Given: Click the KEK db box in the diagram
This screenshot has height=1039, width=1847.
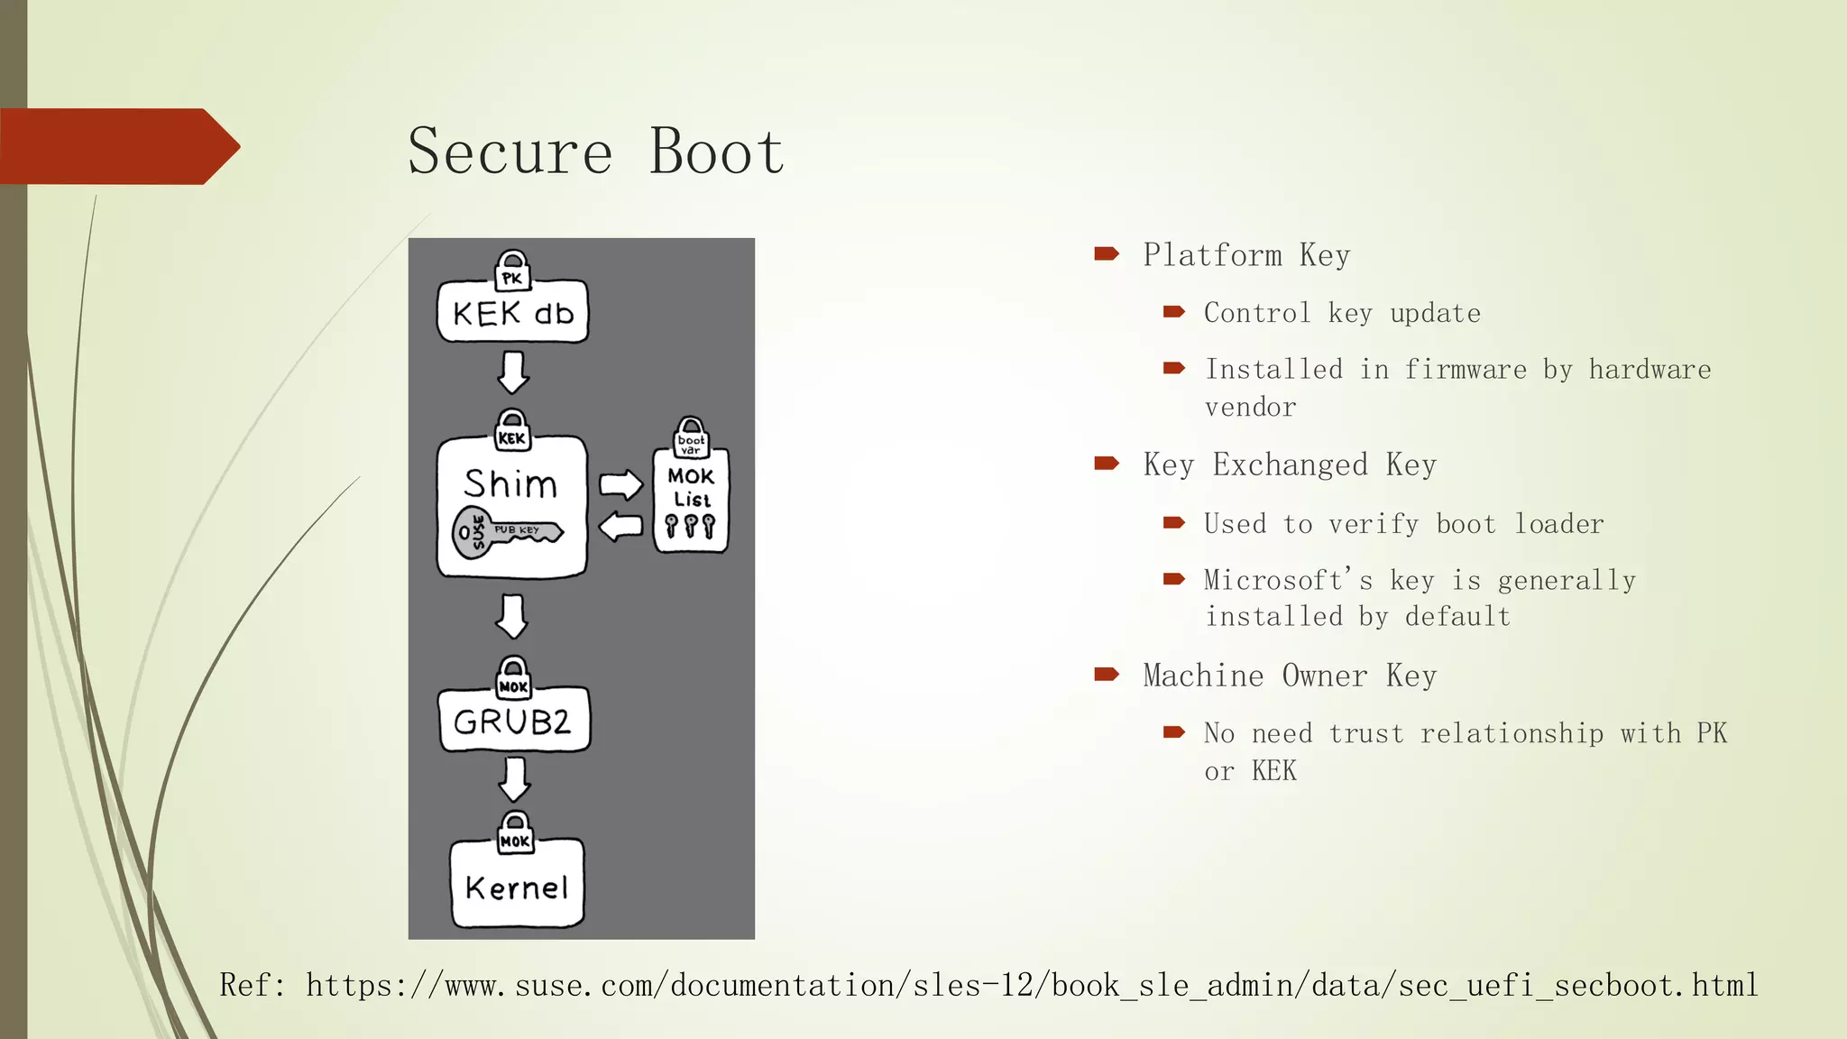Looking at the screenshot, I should pos(512,313).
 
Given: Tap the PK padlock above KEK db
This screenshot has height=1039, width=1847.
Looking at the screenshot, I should pos(512,271).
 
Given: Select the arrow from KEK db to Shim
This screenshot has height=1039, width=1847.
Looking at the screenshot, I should pos(513,372).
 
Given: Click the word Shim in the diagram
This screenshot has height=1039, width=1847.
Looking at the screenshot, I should pos(510,484).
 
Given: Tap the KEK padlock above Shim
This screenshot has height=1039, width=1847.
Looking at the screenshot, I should pos(512,431).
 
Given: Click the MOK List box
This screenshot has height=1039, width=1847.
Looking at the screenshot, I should pos(691,501).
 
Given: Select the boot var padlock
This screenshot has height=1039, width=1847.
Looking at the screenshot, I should pos(691,437).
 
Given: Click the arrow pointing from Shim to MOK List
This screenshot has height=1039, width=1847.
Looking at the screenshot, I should pos(620,484).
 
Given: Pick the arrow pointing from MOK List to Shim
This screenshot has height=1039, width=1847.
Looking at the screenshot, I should pos(620,526).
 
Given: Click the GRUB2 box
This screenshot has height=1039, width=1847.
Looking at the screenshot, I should pos(513,722).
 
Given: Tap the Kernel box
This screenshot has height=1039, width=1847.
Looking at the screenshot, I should pos(517,886).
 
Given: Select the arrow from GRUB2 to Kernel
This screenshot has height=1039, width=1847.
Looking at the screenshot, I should pos(514,779).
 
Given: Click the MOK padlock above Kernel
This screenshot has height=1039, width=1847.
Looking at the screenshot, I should pos(515,833).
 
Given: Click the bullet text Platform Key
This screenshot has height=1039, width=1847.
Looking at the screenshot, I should pos(1246,255).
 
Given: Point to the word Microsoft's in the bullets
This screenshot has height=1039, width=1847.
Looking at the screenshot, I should pos(1288,580).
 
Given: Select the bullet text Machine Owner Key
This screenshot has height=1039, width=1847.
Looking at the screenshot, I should pos(1290,676).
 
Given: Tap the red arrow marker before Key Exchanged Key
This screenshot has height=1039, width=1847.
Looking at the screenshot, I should pos(1107,464).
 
